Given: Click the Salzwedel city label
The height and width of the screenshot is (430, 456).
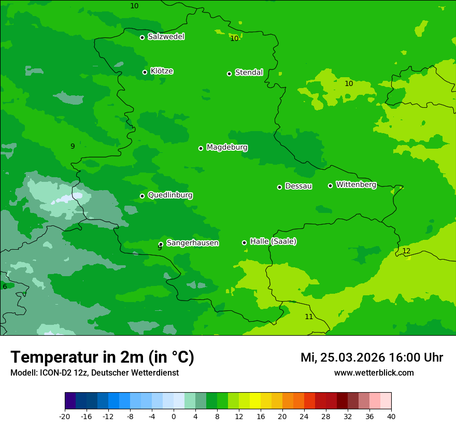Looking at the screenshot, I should tap(166, 37).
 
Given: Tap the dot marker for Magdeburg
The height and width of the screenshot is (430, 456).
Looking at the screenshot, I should tap(201, 148).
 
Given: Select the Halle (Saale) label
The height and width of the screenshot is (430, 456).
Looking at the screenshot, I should tap(273, 241).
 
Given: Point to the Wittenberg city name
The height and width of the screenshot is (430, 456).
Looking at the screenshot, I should tap(356, 184).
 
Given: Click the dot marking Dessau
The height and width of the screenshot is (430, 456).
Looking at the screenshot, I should tap(279, 187).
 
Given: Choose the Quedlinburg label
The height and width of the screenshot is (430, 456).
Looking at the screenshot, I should tap(170, 195).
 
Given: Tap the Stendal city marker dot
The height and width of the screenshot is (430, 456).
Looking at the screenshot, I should tap(229, 74).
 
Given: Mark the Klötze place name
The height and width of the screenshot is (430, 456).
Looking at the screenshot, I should tap(162, 71).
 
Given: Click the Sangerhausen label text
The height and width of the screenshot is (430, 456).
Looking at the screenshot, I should tap(192, 243).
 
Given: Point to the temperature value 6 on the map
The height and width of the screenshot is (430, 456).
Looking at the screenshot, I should tap(5, 287).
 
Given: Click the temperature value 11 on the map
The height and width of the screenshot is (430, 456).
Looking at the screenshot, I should tap(309, 317).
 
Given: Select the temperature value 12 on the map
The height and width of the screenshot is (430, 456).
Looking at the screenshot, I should tap(406, 251).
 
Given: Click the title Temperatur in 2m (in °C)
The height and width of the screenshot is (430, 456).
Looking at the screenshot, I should tap(102, 357).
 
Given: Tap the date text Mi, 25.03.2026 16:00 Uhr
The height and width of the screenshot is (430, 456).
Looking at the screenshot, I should tap(372, 357).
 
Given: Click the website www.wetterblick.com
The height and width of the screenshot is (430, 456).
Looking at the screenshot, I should tap(374, 373).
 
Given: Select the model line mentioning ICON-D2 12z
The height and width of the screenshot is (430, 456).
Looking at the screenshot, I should tap(94, 373).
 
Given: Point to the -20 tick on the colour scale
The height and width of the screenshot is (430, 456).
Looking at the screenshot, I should tap(64, 417).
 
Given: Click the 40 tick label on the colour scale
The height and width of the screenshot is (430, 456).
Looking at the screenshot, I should tap(391, 417).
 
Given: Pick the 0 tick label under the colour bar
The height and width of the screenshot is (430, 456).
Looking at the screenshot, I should tap(174, 417).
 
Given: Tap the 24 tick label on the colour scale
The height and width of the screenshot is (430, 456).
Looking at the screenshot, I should tap(304, 417).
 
